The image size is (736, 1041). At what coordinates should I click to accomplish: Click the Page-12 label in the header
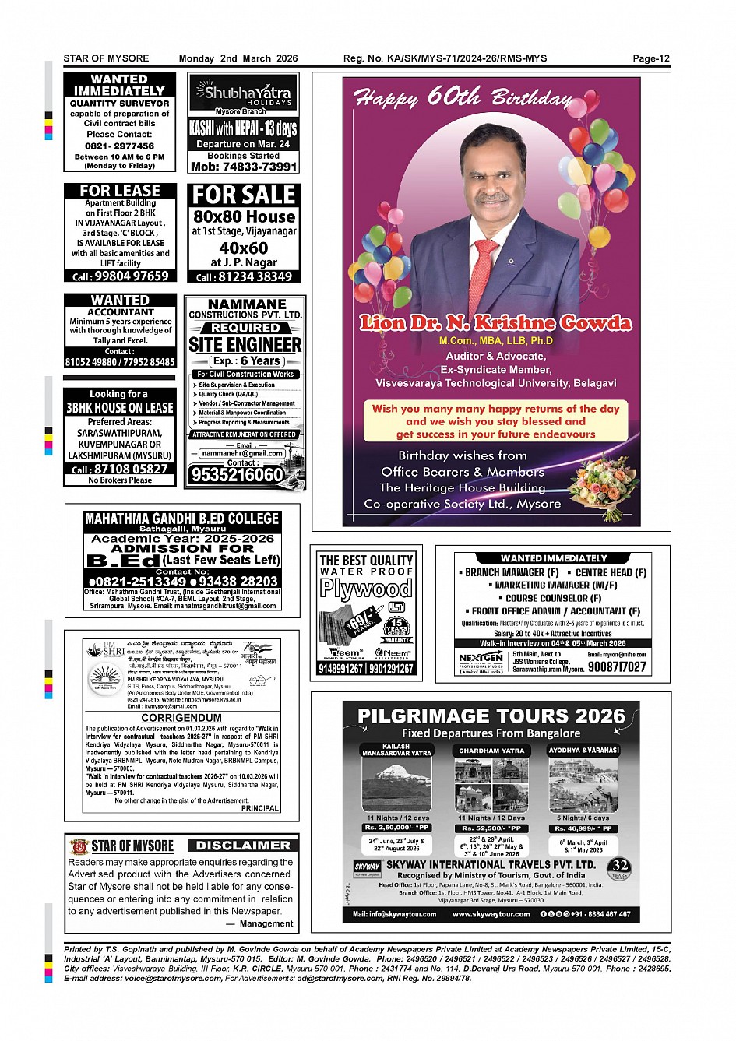click(x=650, y=58)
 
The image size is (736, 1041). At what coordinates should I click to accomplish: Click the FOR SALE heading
click(x=244, y=195)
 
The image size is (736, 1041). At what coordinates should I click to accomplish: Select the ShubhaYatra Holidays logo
click(x=243, y=94)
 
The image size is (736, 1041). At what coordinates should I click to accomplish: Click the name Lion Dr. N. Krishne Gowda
click(x=495, y=323)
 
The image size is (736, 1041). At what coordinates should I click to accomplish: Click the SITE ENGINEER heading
click(x=245, y=344)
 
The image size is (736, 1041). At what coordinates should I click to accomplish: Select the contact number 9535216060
click(x=237, y=474)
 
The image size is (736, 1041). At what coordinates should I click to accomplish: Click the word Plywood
click(x=365, y=589)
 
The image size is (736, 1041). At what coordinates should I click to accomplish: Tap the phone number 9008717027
click(x=617, y=667)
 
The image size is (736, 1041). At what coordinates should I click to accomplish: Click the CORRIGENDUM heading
click(x=181, y=718)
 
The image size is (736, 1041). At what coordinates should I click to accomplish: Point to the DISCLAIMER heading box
click(x=242, y=846)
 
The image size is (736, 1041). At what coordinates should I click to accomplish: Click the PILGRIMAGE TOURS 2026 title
click(x=491, y=716)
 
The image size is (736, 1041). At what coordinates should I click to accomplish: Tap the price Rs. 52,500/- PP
click(x=491, y=828)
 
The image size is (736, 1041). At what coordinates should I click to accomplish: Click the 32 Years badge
click(x=620, y=868)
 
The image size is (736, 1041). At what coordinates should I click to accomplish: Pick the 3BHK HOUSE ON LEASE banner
click(x=120, y=407)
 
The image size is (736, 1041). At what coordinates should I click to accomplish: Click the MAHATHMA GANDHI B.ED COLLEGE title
click(x=181, y=519)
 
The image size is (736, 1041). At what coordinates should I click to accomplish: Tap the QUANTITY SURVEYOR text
click(x=119, y=103)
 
